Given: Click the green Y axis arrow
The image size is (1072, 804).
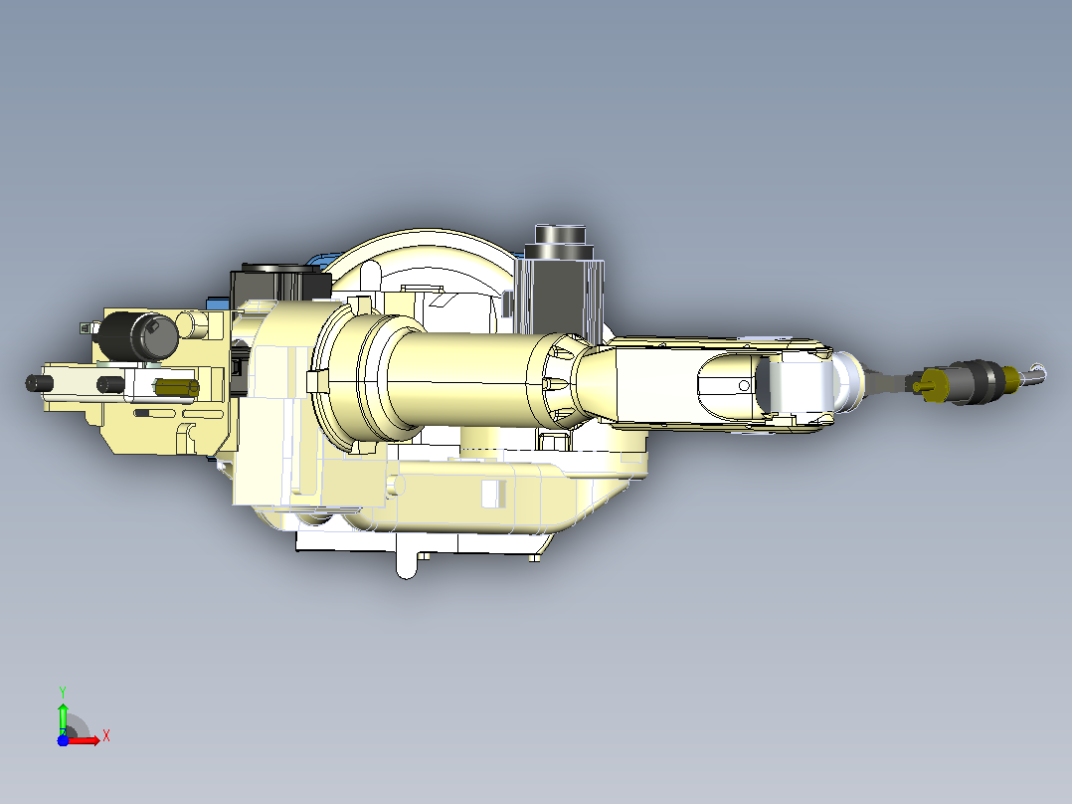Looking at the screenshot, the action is pyautogui.click(x=63, y=715).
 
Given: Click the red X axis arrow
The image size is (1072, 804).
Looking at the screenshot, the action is pyautogui.click(x=84, y=740).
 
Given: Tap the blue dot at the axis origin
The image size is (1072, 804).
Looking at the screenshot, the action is pyautogui.click(x=63, y=740).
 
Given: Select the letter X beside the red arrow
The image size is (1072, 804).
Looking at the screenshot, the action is pyautogui.click(x=106, y=736).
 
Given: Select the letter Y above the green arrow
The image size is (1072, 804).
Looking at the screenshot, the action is pyautogui.click(x=63, y=692).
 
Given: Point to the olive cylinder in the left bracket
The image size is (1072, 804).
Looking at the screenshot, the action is pyautogui.click(x=176, y=388).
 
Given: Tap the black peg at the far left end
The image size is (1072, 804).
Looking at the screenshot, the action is pyautogui.click(x=39, y=383).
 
